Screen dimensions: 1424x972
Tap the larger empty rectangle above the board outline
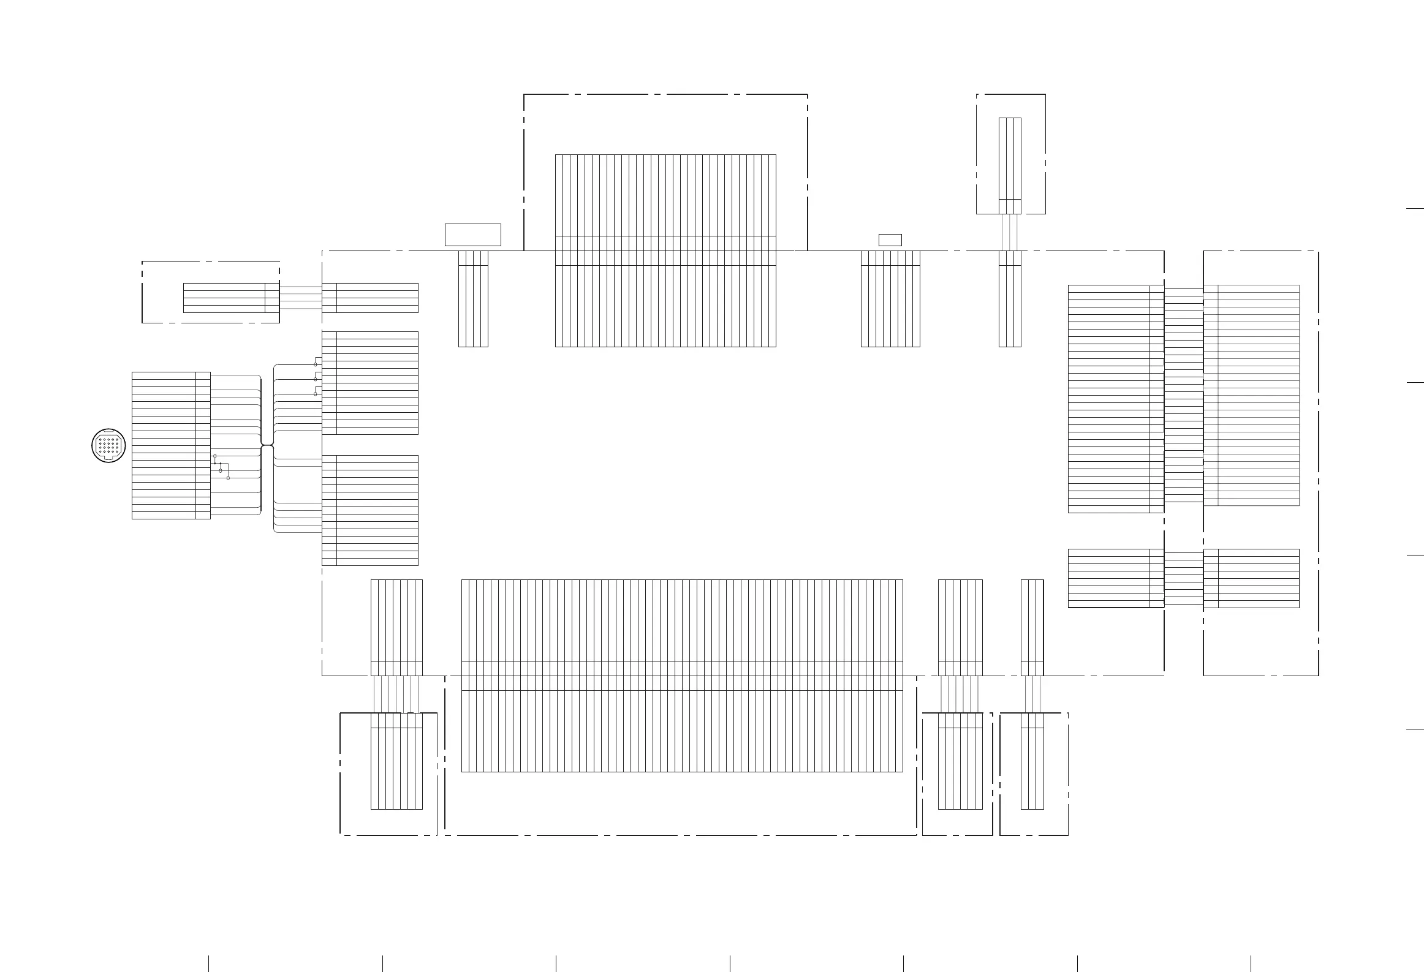coord(472,235)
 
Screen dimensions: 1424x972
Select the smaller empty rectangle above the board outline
coord(890,239)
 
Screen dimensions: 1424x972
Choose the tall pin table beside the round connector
coord(171,445)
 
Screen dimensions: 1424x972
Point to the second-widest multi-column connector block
coord(665,251)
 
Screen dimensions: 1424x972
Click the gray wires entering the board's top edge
coord(1010,232)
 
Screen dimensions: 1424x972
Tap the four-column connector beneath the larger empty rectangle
coord(473,298)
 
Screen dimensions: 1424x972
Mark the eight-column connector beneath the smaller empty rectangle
coord(890,298)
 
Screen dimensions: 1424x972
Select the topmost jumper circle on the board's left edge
coord(316,364)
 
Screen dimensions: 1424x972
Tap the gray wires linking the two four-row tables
coord(301,298)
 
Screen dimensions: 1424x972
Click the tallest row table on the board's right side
coord(1116,398)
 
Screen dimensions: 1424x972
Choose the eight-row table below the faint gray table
coord(1251,578)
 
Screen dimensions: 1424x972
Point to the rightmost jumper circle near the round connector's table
coord(228,478)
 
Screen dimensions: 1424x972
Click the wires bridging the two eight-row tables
coord(1184,578)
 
